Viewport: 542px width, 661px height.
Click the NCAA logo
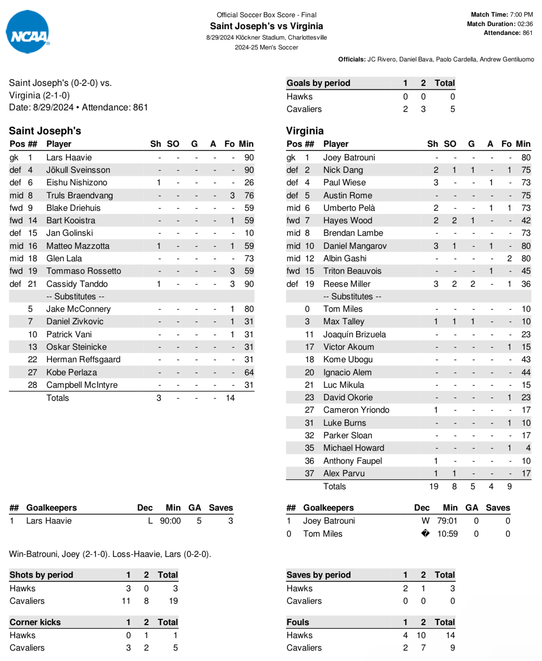(x=28, y=32)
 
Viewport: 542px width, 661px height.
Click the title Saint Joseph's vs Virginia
(x=266, y=26)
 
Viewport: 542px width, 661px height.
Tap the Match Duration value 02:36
(x=525, y=24)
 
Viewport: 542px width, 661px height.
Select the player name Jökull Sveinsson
(x=78, y=170)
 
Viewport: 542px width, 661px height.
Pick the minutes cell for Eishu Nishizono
(x=249, y=183)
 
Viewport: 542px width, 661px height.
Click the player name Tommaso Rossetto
(x=83, y=271)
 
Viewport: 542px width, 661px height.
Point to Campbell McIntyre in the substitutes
(x=82, y=385)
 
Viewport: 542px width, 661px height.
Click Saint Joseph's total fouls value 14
(x=230, y=398)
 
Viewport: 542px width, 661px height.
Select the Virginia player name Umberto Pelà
(x=349, y=208)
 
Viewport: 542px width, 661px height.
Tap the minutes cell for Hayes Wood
(x=526, y=221)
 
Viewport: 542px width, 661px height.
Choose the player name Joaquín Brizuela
(x=354, y=335)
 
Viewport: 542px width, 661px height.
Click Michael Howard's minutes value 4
(x=528, y=448)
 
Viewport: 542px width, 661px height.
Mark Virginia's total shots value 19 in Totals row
(x=434, y=487)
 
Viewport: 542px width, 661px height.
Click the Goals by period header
(x=318, y=83)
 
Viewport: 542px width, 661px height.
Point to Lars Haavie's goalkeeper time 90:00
(x=170, y=521)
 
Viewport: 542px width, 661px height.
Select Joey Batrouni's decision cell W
(x=425, y=521)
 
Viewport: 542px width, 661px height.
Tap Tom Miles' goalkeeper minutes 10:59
(x=447, y=534)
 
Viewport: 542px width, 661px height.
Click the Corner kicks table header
(x=35, y=622)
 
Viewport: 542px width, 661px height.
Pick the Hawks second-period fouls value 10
(x=421, y=635)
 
